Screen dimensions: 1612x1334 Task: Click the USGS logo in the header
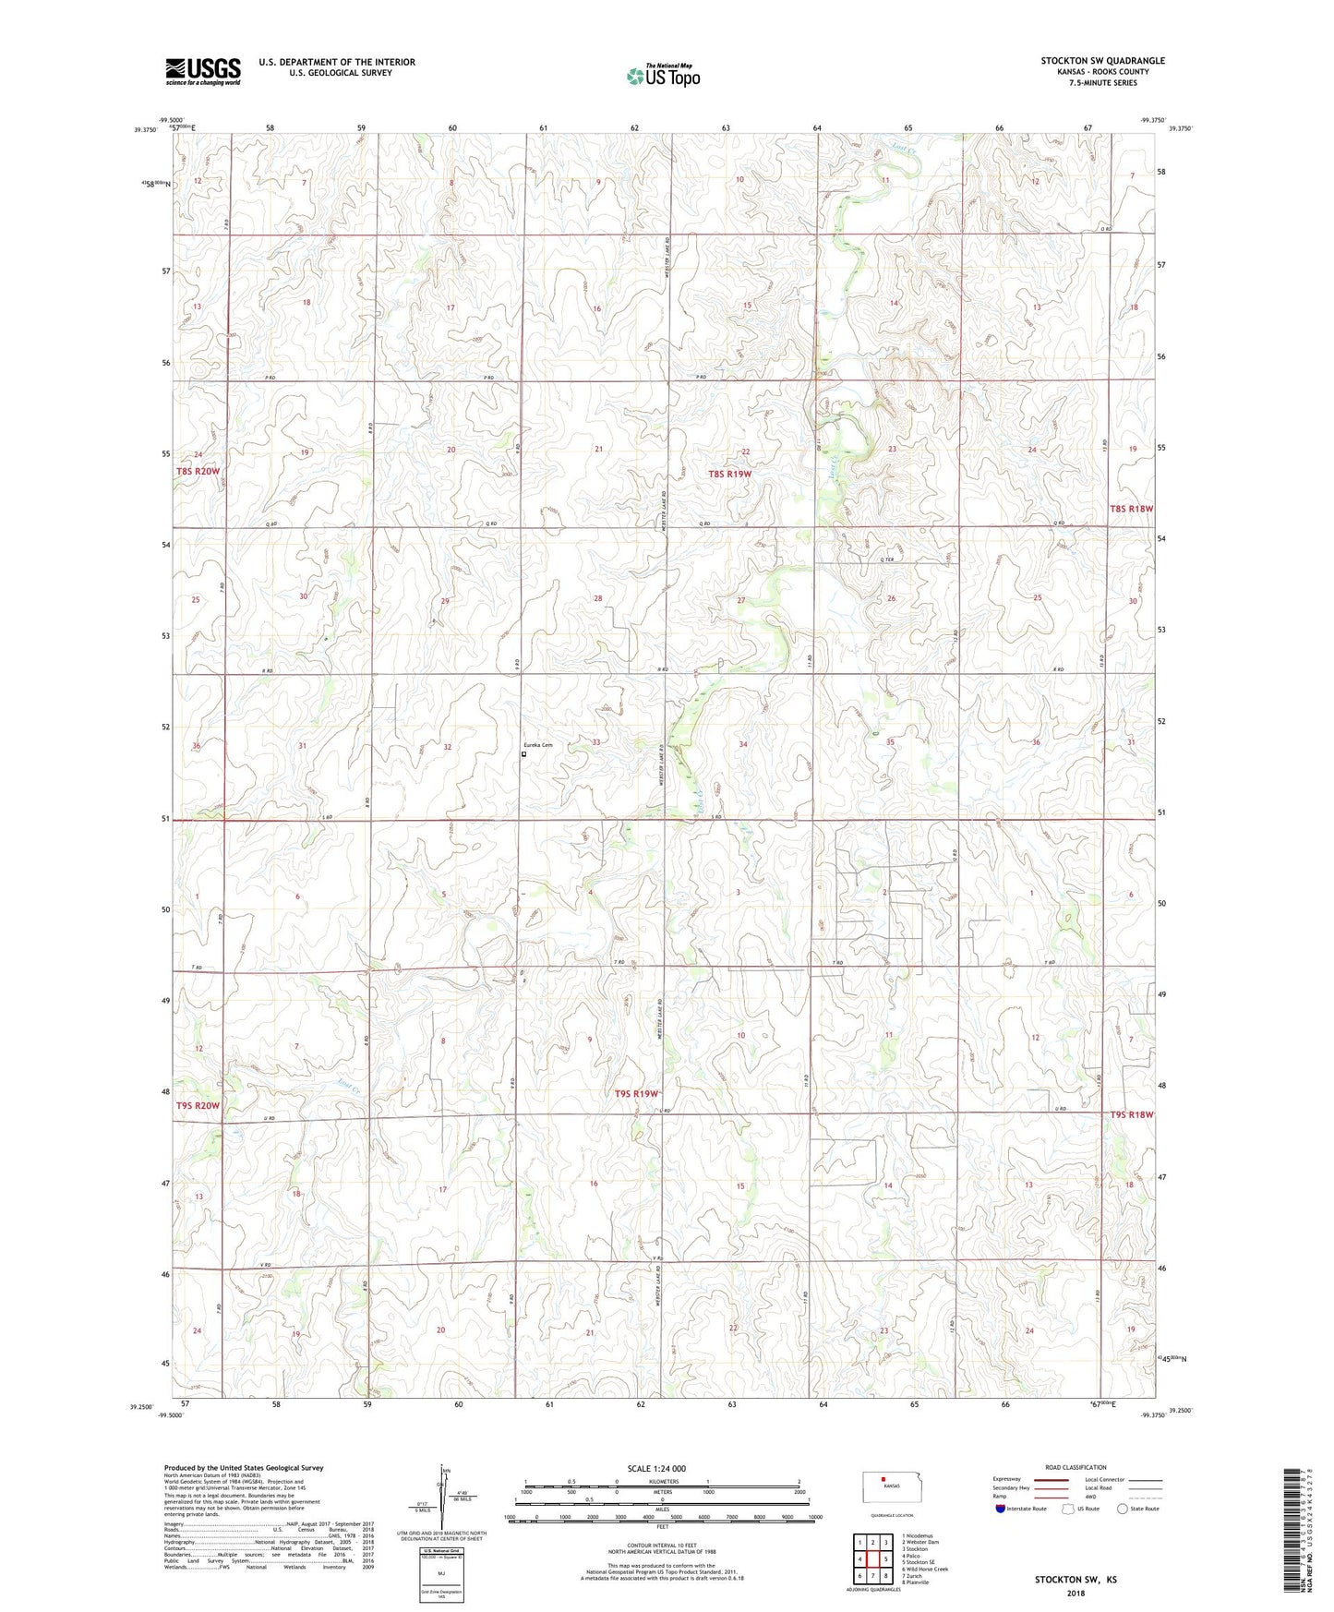(203, 71)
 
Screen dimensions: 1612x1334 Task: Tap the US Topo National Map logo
(663, 76)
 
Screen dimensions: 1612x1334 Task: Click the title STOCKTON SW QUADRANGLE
(1102, 61)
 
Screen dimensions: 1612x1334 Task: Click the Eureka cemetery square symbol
(523, 754)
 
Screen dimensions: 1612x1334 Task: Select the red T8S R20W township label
(198, 472)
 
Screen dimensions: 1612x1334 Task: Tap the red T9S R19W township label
(638, 1094)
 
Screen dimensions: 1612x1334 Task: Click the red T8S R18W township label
(1132, 509)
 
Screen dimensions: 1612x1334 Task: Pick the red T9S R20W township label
(198, 1106)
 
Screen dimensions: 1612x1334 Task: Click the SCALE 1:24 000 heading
(656, 1469)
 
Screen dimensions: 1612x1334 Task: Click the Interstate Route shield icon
(1001, 1510)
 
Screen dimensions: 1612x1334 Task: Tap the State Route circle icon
(1123, 1510)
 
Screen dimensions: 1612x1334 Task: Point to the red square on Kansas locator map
(883, 1476)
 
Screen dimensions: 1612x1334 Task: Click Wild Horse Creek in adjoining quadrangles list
(927, 1570)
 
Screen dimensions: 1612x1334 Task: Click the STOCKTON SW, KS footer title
(1075, 1580)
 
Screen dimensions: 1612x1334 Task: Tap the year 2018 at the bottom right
(1075, 1593)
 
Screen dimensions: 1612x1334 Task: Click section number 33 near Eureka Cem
(596, 742)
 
